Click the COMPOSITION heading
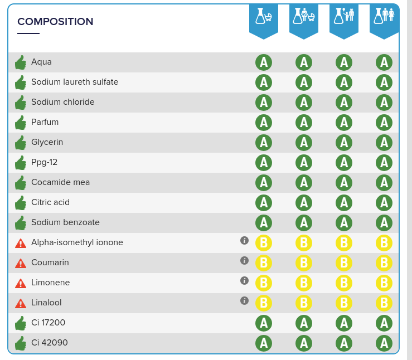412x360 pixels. point(55,22)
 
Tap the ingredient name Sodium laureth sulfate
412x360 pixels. point(75,82)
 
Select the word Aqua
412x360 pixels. point(41,62)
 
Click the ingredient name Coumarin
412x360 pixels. point(50,262)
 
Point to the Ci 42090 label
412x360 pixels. point(50,343)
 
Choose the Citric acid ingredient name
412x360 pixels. point(50,202)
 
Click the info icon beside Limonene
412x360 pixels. point(244,280)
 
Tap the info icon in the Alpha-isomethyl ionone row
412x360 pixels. point(244,240)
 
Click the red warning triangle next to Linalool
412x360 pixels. point(21,303)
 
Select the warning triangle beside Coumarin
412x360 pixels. point(21,263)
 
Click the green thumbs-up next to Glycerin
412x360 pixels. point(21,143)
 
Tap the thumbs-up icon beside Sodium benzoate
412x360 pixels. point(21,223)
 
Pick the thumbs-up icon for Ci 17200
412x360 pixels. point(21,323)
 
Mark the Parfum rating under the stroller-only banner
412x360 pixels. point(264,123)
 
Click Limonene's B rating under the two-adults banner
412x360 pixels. point(384,283)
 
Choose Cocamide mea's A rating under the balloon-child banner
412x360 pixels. point(344,183)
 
